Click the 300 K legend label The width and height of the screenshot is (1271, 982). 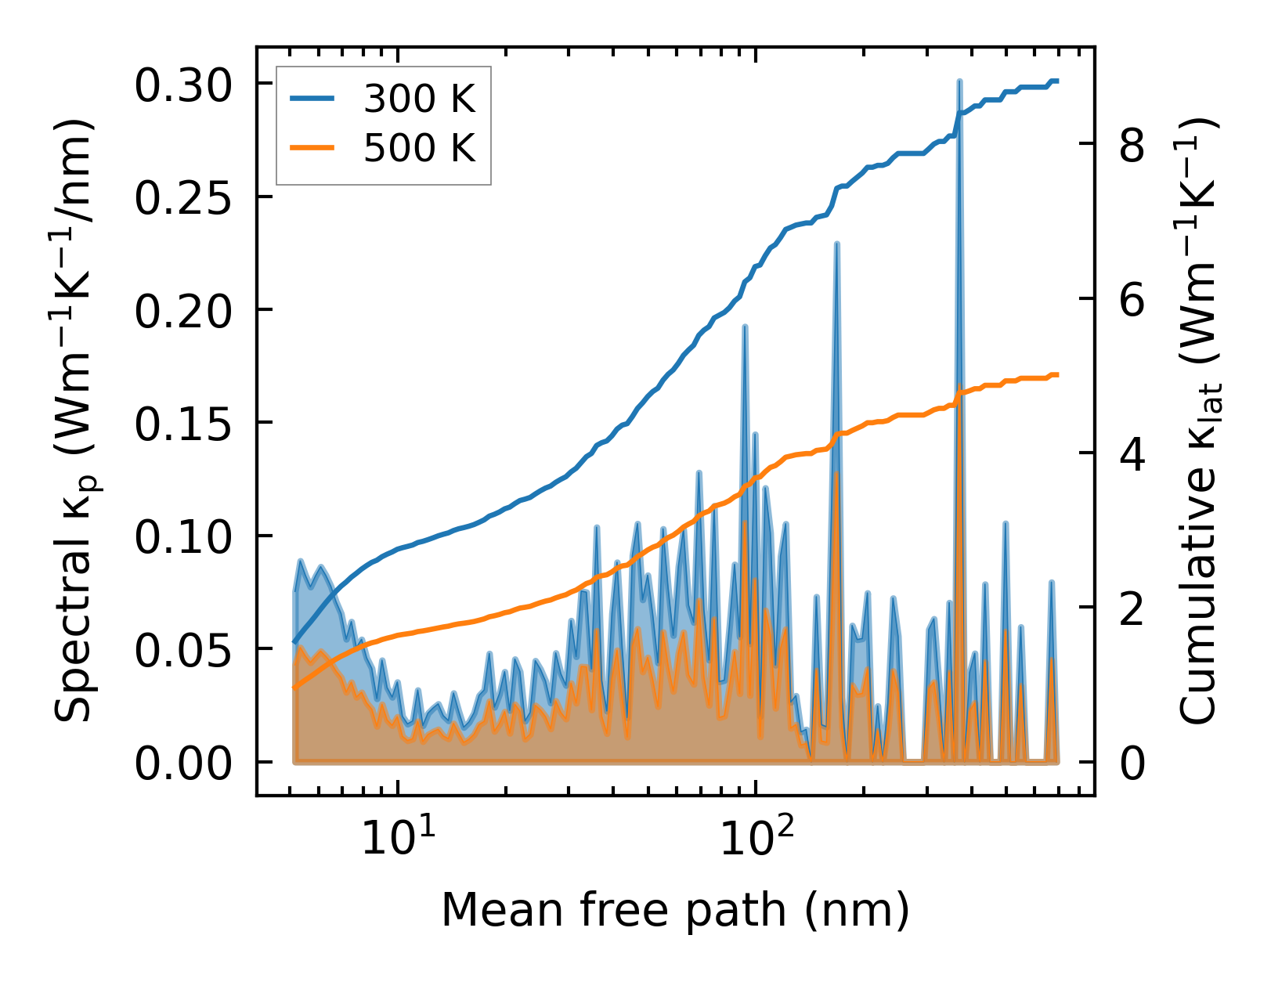pos(419,99)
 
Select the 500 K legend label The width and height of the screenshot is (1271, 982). pos(419,147)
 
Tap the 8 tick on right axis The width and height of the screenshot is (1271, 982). pos(1132,145)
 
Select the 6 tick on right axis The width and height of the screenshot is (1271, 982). pos(1132,299)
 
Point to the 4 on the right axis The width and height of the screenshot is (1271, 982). pos(1132,453)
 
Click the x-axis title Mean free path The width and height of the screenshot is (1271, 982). pos(675,910)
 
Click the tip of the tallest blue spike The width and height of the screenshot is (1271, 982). pos(959,81)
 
